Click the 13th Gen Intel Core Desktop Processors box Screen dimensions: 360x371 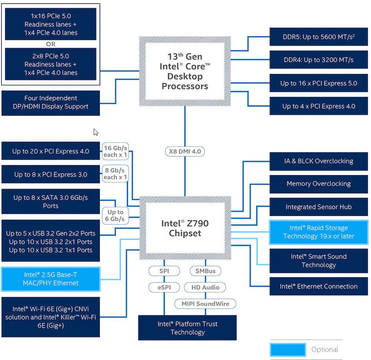(x=185, y=71)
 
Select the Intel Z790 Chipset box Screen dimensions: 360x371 (x=185, y=228)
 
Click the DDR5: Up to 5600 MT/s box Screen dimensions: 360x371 (x=319, y=37)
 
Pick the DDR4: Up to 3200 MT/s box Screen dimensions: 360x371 (x=319, y=60)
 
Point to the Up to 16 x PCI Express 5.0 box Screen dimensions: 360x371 (x=319, y=83)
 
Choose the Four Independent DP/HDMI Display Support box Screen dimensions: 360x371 (x=51, y=102)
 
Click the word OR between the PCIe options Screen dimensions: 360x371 (x=51, y=44)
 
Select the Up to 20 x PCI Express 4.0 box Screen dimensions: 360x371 (x=51, y=151)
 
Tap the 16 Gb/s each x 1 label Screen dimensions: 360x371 (x=115, y=151)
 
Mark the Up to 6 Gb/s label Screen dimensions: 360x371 (x=115, y=215)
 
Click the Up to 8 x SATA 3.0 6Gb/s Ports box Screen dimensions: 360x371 (x=51, y=201)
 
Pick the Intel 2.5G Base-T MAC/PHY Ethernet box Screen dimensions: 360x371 (x=51, y=279)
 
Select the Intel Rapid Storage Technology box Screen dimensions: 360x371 (x=319, y=232)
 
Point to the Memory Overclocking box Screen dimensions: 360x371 (x=319, y=184)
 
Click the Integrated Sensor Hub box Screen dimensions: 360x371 (x=319, y=207)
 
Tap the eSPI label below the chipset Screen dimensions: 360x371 (x=164, y=287)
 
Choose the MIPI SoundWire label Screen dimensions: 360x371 (x=205, y=303)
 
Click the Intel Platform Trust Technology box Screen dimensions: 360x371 (x=187, y=328)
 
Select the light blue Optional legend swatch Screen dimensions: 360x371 (x=288, y=349)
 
